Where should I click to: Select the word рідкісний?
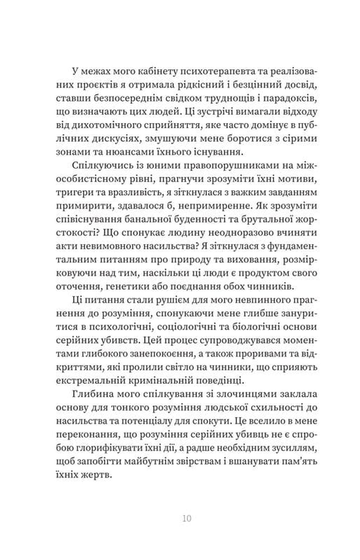coord(189,85)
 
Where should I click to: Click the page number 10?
coord(187,519)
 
